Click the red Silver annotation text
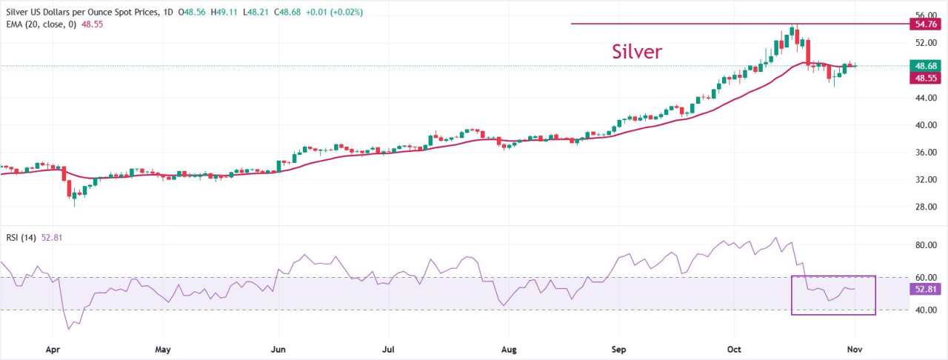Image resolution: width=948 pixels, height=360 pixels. click(x=636, y=51)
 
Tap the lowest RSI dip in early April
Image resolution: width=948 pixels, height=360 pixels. click(x=69, y=329)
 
